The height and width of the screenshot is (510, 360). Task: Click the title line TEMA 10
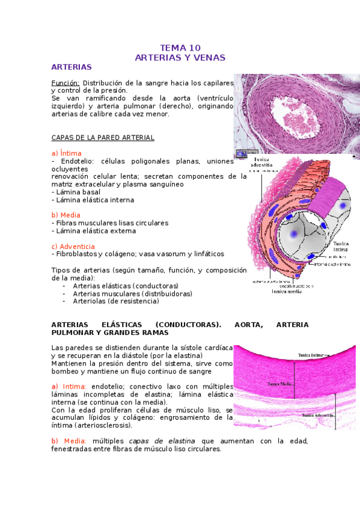pyautogui.click(x=180, y=48)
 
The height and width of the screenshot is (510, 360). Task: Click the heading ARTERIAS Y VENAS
pyautogui.click(x=180, y=58)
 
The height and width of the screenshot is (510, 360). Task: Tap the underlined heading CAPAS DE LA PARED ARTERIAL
pyautogui.click(x=103, y=138)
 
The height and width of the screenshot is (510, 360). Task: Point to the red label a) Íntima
pyautogui.click(x=67, y=153)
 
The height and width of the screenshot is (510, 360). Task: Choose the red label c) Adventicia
pyautogui.click(x=73, y=247)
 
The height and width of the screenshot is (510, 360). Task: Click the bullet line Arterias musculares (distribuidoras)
pyautogui.click(x=132, y=293)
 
